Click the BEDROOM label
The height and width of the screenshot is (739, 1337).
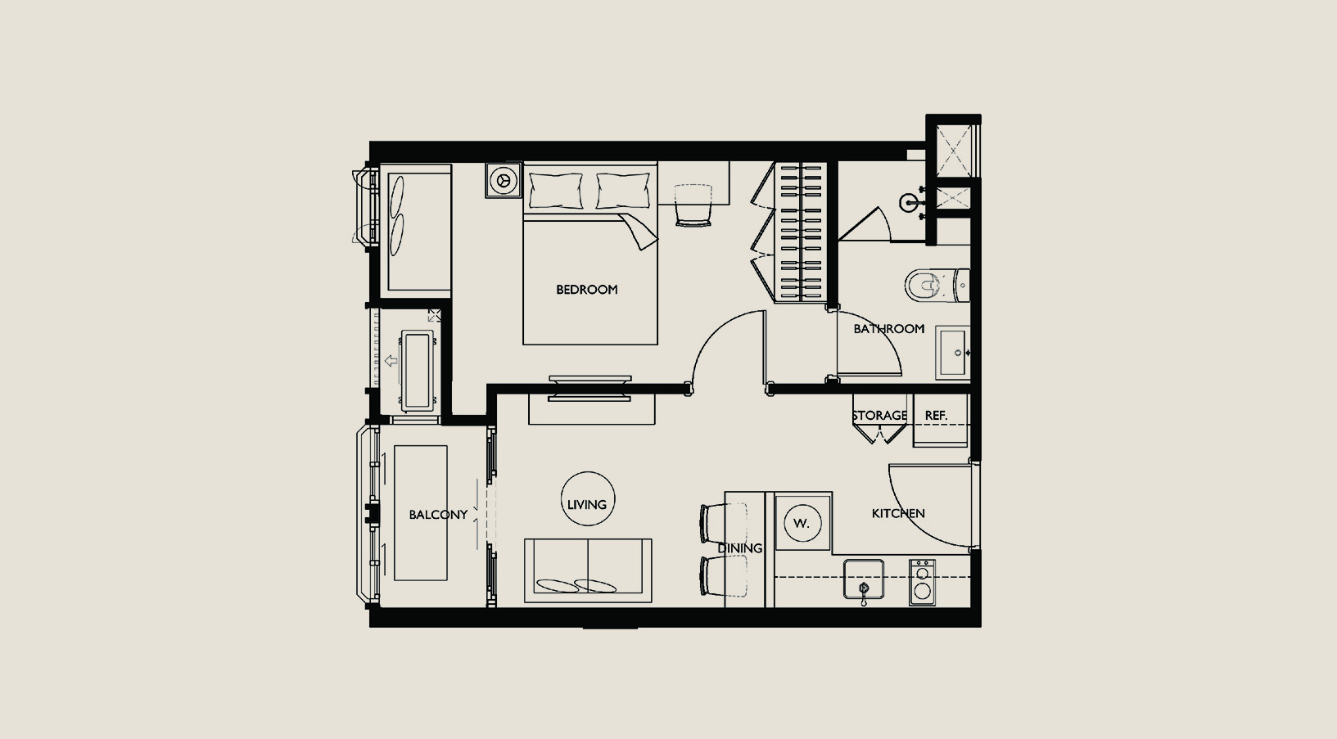click(x=587, y=290)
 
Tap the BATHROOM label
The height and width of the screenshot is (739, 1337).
click(x=889, y=329)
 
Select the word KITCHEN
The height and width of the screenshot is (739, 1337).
click(x=898, y=514)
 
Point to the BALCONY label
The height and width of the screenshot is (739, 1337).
click(x=438, y=515)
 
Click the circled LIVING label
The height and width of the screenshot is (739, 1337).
click(x=587, y=505)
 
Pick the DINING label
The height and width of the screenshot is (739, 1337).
click(x=740, y=548)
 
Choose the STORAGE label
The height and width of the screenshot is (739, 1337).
click(x=880, y=416)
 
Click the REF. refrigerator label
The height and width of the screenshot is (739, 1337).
click(x=936, y=416)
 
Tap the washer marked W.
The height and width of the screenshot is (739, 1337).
click(x=803, y=523)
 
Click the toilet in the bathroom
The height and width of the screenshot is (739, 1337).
click(x=937, y=285)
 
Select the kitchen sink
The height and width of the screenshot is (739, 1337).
click(x=864, y=579)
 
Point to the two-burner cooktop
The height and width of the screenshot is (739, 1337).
click(x=922, y=582)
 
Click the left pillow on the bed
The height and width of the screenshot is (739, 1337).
click(x=556, y=191)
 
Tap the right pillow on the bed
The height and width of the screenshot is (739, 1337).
click(x=623, y=191)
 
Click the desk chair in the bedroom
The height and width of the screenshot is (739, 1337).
click(x=693, y=205)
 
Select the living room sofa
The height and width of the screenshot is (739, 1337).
click(x=588, y=570)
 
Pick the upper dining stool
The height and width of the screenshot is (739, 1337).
click(x=724, y=523)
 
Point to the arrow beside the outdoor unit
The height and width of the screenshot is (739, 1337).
click(x=391, y=361)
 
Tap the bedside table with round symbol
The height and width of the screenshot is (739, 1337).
click(x=504, y=179)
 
